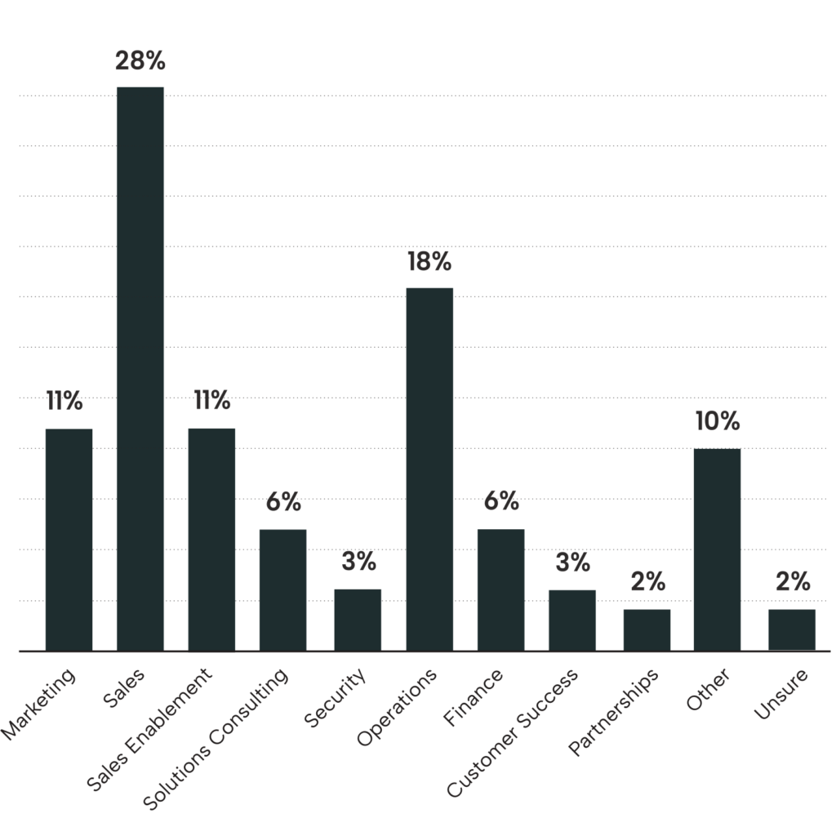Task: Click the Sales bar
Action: [140, 367]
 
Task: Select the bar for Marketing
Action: [69, 539]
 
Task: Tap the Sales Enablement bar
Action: [211, 539]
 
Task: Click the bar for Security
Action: [357, 620]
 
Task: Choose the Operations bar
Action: [429, 469]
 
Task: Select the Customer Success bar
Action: [571, 620]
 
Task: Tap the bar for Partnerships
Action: [647, 629]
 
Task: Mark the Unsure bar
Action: [792, 629]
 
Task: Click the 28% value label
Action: [140, 61]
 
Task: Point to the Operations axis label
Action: [398, 707]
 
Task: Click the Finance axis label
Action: [474, 696]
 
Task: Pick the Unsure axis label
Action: [781, 694]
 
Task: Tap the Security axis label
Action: [336, 697]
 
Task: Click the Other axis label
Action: [708, 689]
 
